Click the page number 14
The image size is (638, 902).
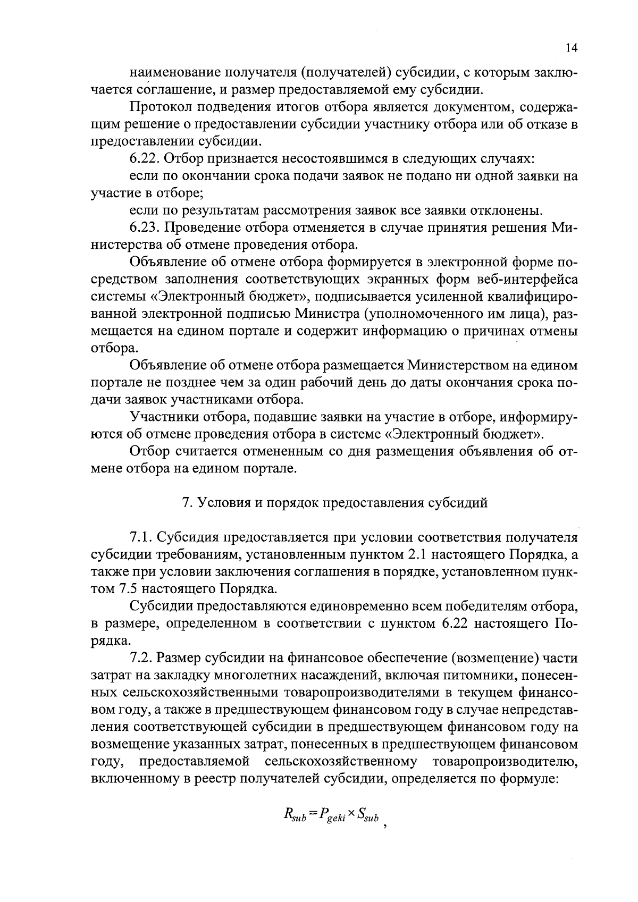pyautogui.click(x=572, y=48)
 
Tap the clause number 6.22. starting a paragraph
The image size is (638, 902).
pyautogui.click(x=144, y=159)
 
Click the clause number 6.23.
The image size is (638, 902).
pyautogui.click(x=144, y=228)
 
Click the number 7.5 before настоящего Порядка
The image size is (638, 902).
pyautogui.click(x=127, y=589)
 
